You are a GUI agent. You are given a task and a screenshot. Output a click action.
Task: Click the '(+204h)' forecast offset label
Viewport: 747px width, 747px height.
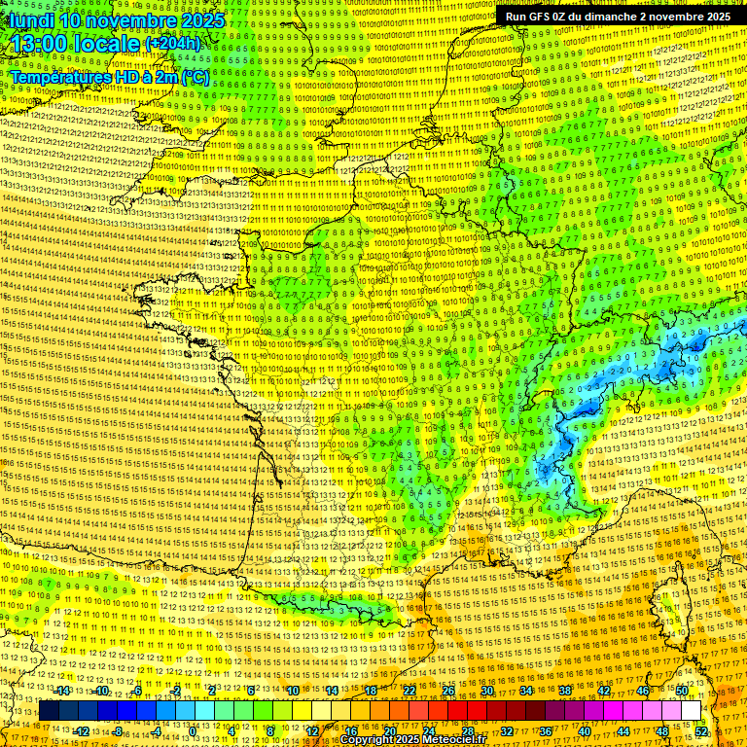click(x=173, y=44)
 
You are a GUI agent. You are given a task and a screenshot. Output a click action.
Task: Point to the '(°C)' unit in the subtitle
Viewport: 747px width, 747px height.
click(x=194, y=76)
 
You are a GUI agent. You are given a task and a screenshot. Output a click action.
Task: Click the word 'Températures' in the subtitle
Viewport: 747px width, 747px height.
click(x=56, y=76)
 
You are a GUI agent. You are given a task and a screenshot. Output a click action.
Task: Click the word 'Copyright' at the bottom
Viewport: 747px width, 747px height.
click(x=369, y=740)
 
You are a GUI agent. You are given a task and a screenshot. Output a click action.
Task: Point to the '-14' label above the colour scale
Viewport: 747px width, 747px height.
click(x=62, y=691)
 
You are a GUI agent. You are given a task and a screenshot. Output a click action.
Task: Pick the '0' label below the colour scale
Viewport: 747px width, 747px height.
click(x=194, y=731)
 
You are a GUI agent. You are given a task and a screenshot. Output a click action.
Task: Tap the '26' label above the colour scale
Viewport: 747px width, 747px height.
click(x=447, y=691)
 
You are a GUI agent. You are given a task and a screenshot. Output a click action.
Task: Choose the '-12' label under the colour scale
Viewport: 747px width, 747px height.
click(x=82, y=731)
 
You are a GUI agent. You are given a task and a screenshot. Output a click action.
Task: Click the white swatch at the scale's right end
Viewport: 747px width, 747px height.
click(x=691, y=711)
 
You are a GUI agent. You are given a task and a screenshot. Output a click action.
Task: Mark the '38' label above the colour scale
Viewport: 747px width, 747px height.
click(x=564, y=691)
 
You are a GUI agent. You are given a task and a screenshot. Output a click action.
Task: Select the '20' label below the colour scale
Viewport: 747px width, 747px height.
click(x=389, y=731)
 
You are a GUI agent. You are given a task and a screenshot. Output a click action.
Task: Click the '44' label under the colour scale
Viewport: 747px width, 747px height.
click(x=622, y=731)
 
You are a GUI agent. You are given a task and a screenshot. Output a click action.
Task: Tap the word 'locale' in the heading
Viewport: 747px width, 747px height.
click(x=106, y=44)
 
